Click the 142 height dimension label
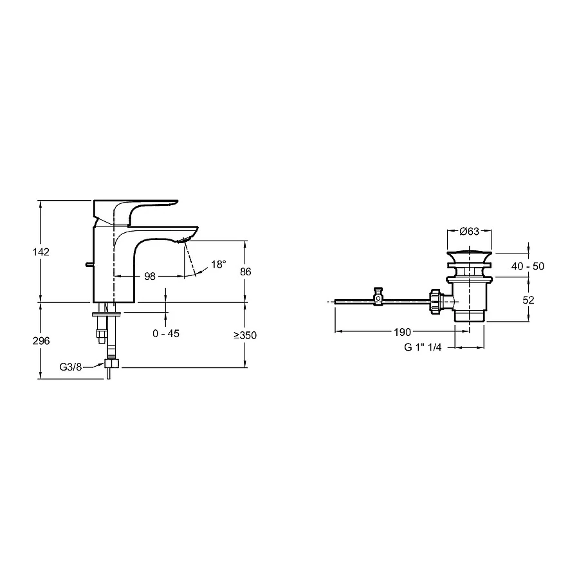(41, 252)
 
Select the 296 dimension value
(41, 340)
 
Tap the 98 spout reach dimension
(149, 276)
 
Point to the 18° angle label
(219, 264)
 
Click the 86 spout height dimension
(245, 271)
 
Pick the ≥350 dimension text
(244, 335)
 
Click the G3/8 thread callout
(71, 367)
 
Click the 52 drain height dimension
(529, 299)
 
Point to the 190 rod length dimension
(402, 332)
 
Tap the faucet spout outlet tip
(186, 240)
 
